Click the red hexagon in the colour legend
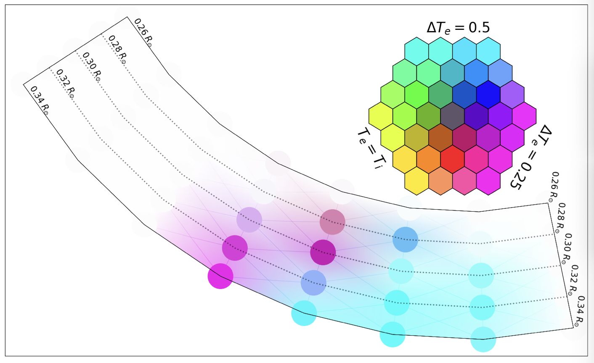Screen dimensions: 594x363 [x=452, y=159]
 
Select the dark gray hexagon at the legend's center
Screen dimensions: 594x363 [x=452, y=116]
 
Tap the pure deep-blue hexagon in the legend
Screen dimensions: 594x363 [x=488, y=94]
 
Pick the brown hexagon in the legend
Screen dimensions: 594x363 [x=440, y=137]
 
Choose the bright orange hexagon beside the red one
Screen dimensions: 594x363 [x=429, y=159]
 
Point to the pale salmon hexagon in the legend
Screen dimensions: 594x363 [x=440, y=181]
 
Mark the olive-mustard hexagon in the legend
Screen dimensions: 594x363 [x=416, y=137]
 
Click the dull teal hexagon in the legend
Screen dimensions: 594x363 [x=452, y=73]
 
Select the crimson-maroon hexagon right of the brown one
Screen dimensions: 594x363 [x=464, y=137]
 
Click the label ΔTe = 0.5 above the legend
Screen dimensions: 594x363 [x=458, y=28]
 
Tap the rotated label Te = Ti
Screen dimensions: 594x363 [x=371, y=149]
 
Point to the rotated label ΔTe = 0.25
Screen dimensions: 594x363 [x=528, y=157]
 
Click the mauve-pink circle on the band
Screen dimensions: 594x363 [x=332, y=222]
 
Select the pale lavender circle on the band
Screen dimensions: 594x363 [x=249, y=220]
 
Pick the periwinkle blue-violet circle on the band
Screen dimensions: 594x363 [x=313, y=283]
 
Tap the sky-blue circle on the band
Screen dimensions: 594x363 [x=405, y=239]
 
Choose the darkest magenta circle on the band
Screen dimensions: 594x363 [x=323, y=253]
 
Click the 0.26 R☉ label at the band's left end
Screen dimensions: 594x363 [x=143, y=33]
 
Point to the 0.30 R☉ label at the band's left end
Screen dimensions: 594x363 [x=92, y=67]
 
